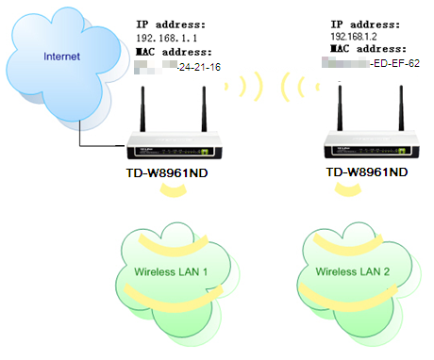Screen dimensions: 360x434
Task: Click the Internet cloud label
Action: (x=60, y=57)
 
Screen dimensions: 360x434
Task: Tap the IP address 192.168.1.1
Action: (x=166, y=37)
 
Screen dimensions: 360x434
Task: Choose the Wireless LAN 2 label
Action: (x=352, y=272)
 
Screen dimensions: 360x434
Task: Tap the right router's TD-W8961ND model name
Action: (x=367, y=172)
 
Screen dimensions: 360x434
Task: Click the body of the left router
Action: (x=175, y=149)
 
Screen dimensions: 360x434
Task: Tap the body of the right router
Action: (x=369, y=149)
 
